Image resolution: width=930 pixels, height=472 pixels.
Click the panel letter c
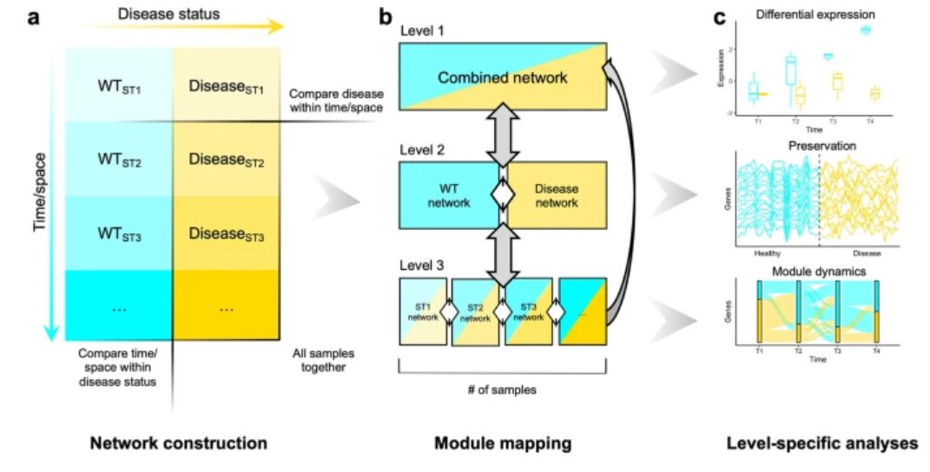[x=720, y=15]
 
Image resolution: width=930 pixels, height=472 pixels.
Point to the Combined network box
[x=502, y=78]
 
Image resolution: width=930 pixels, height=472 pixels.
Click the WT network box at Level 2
[x=452, y=195]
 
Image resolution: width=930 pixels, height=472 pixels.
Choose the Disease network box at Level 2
[x=554, y=195]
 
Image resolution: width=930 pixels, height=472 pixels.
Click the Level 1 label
[x=420, y=31]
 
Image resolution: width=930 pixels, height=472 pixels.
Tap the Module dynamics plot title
[x=816, y=270]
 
